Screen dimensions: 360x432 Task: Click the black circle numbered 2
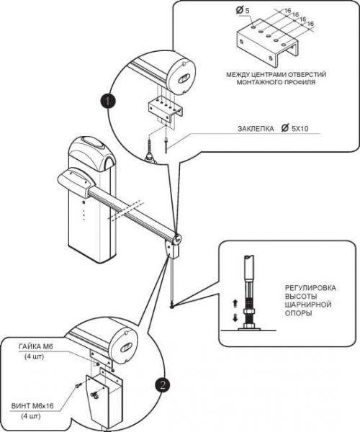click(x=162, y=385)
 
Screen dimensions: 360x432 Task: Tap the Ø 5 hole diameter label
click(x=243, y=11)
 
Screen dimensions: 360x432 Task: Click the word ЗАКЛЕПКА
click(x=256, y=129)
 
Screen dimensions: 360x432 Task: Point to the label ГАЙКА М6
click(x=36, y=346)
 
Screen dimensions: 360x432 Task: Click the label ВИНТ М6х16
click(x=32, y=406)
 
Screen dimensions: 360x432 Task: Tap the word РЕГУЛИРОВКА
click(x=310, y=288)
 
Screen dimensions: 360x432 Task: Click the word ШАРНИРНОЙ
click(x=308, y=305)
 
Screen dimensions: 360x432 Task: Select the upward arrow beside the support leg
click(x=235, y=303)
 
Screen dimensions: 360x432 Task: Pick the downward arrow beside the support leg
click(x=235, y=318)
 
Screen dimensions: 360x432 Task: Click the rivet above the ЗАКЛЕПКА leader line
click(x=166, y=144)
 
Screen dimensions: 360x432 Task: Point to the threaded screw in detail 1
click(x=149, y=150)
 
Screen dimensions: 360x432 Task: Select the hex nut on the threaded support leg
click(x=248, y=312)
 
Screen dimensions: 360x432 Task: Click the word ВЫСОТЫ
click(x=301, y=297)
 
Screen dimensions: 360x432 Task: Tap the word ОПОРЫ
click(x=299, y=313)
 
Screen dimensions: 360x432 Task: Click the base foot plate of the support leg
click(x=248, y=328)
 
